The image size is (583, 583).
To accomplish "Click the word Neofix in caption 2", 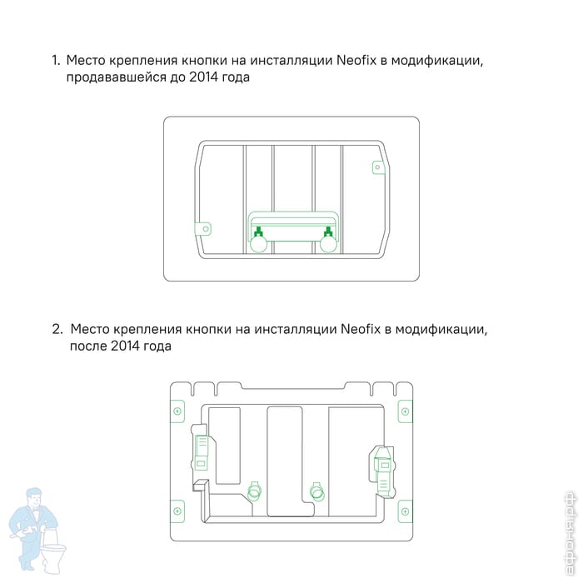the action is [x=361, y=329].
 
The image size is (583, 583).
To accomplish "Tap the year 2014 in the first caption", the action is [x=203, y=77].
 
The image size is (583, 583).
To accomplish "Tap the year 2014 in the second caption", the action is [x=125, y=346].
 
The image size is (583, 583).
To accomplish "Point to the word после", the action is [x=88, y=347].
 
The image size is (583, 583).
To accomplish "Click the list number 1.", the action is [x=56, y=60].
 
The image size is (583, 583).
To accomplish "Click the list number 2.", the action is [x=57, y=329].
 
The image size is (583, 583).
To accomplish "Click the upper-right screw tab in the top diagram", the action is [x=378, y=167].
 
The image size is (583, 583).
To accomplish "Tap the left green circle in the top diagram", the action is [x=258, y=244].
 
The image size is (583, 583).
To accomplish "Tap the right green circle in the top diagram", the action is [x=328, y=244].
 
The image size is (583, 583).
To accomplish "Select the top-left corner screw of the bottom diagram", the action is [x=177, y=411].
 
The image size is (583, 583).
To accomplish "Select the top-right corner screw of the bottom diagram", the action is [x=406, y=411].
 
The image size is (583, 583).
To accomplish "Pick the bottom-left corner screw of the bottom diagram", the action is [x=177, y=511].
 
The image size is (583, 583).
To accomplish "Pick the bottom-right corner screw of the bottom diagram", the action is [x=406, y=511].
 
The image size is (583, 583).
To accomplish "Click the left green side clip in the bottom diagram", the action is [x=202, y=451].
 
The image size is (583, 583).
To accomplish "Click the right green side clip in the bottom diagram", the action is [x=382, y=471].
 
